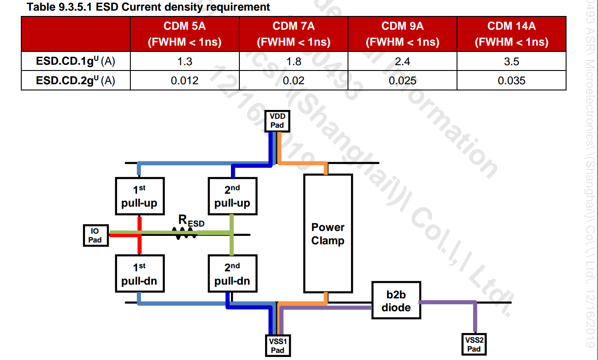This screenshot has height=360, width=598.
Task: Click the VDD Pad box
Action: [277, 121]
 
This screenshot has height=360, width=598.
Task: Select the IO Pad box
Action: [95, 235]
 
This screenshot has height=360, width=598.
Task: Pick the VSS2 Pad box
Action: [473, 344]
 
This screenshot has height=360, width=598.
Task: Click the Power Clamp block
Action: [328, 233]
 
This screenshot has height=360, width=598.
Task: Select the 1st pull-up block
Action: [139, 197]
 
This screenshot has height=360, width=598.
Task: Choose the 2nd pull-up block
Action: [232, 197]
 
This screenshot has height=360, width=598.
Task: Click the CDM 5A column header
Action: [184, 34]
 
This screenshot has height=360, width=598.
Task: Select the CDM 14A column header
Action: [511, 34]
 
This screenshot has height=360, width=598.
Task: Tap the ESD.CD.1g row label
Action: [76, 61]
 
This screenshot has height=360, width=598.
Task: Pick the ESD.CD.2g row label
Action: [76, 80]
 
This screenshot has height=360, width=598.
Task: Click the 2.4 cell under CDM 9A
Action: [403, 61]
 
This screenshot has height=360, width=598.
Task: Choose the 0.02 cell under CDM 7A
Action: [294, 80]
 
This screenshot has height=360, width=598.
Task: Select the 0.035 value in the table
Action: [511, 80]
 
